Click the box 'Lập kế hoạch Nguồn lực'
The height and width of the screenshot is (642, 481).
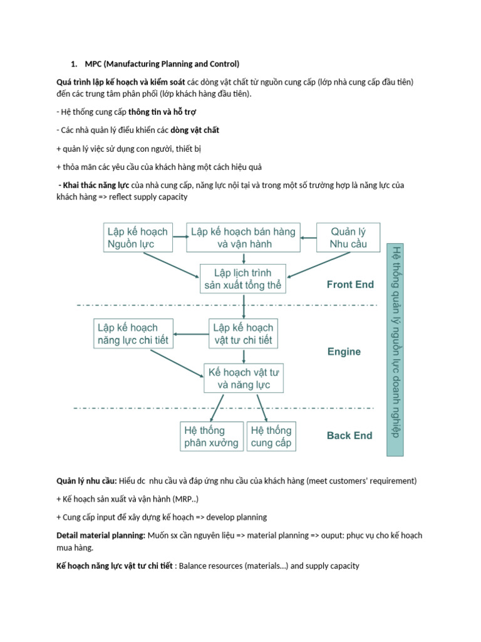[x=137, y=238]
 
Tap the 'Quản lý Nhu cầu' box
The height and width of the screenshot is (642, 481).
[x=349, y=238]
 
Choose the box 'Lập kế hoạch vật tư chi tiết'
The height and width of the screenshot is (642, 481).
[x=243, y=334]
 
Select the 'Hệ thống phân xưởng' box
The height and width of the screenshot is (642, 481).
[x=212, y=436]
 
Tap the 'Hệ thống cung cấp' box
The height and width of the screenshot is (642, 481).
[x=271, y=436]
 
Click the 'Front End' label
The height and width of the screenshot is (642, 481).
[x=350, y=284]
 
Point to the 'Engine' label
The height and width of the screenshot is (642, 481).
[x=344, y=352]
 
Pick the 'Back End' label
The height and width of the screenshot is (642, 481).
[x=349, y=436]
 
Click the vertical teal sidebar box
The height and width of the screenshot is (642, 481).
[x=395, y=349]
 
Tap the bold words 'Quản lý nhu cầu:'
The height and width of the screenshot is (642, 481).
[x=86, y=481]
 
